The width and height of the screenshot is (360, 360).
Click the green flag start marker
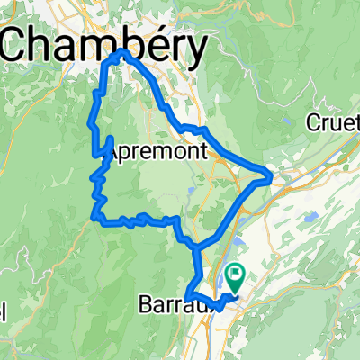coord(237,271)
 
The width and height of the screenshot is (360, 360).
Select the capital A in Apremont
coord(112,153)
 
